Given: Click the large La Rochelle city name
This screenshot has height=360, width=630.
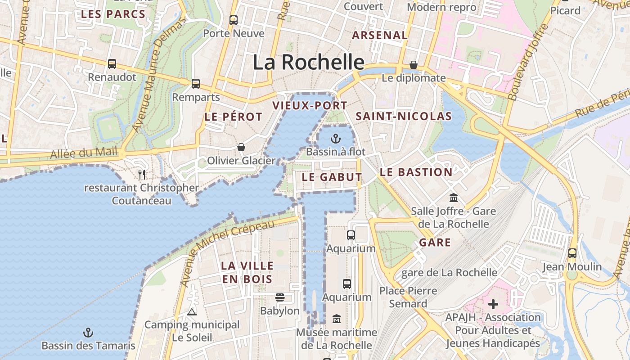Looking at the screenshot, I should click(x=308, y=62).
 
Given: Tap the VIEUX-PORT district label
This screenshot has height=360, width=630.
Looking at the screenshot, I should click(x=310, y=106).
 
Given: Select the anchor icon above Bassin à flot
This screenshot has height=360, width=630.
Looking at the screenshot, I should click(x=335, y=138).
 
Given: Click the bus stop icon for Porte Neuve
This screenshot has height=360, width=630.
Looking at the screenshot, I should click(x=233, y=20).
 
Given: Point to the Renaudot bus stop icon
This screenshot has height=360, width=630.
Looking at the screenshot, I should click(x=112, y=64).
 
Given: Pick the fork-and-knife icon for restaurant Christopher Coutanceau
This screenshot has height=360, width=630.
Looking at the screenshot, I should click(x=142, y=174).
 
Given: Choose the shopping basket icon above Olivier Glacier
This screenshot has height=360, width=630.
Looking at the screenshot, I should click(x=241, y=147).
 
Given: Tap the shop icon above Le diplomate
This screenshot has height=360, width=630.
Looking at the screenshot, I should click(x=414, y=65).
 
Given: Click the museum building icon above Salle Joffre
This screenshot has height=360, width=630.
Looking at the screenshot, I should click(x=453, y=198).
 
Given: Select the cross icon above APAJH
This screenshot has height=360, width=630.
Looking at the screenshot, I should click(x=493, y=304).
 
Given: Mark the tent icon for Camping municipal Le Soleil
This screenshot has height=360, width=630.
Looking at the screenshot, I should click(x=192, y=312).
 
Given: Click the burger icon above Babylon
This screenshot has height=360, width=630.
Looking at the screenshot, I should click(x=280, y=297).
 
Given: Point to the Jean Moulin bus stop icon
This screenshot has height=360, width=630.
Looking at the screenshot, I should click(x=572, y=253).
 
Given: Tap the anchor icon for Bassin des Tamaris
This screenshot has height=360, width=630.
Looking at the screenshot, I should click(x=88, y=333).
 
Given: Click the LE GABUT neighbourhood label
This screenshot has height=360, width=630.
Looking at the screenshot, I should click(x=332, y=177).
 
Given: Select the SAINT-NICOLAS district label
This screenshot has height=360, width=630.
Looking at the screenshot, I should click(x=404, y=116).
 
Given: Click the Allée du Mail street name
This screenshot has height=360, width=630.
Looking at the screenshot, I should click(x=84, y=153).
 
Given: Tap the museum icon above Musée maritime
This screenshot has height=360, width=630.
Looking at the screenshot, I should click(x=336, y=319).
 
